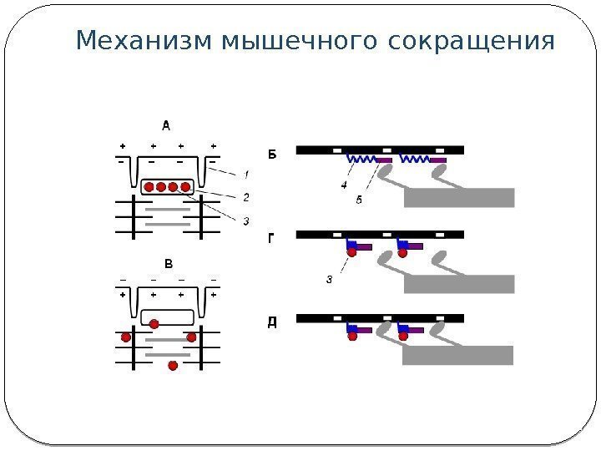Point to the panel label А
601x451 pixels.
(x=166, y=126)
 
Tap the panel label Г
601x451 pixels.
(x=270, y=238)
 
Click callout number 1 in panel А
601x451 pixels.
(x=245, y=175)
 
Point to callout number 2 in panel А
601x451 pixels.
(x=245, y=197)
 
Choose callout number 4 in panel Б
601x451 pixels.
(x=345, y=185)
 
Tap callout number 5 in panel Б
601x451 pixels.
(x=359, y=200)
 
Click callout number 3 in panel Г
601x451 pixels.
(x=329, y=280)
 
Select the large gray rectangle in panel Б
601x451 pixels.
(x=459, y=197)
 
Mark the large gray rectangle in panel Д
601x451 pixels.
(x=457, y=356)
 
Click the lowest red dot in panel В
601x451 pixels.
(x=174, y=366)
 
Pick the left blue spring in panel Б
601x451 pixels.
(x=362, y=158)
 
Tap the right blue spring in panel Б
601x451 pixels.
(x=415, y=158)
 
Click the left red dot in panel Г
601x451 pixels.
(x=352, y=251)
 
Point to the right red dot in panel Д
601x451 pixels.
(x=403, y=335)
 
